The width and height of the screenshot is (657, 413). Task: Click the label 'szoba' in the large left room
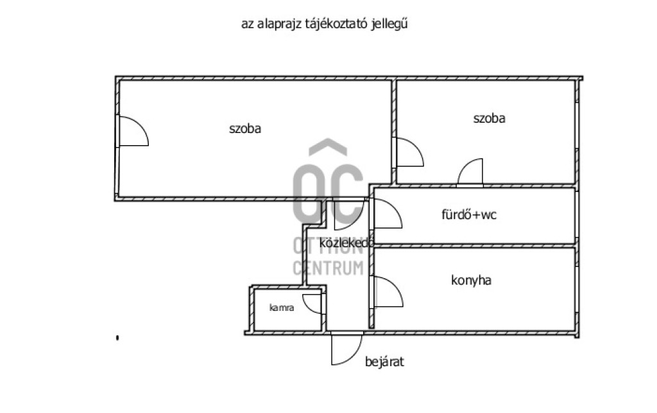[245, 128]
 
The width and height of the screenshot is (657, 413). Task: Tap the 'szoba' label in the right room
[489, 118]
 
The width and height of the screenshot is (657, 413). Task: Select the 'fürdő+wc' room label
[469, 215]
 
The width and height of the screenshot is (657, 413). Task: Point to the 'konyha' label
[472, 280]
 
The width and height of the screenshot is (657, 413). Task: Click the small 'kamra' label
[282, 308]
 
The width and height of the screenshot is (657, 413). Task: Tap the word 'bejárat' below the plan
[384, 362]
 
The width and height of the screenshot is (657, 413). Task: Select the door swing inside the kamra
[314, 304]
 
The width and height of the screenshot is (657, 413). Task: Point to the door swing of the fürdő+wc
[386, 215]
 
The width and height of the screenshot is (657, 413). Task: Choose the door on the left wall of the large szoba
[132, 131]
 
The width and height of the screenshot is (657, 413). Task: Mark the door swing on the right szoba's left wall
[408, 153]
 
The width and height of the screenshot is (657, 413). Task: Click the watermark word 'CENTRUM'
[328, 268]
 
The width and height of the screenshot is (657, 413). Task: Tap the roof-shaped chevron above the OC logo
[328, 148]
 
